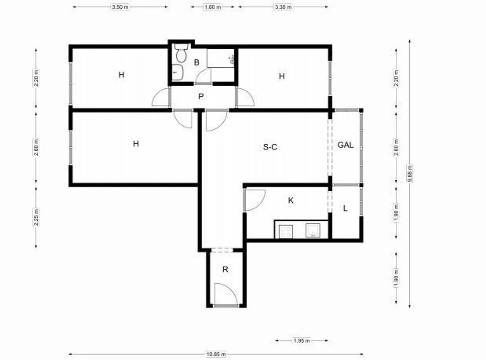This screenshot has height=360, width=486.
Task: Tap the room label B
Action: [197, 62]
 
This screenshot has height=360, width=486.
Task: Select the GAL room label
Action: [345, 145]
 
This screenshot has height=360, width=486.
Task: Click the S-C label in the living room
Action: [270, 147]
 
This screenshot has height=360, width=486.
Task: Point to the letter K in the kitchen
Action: [291, 200]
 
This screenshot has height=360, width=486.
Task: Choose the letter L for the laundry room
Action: [345, 208]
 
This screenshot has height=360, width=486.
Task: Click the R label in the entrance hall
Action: [225, 269]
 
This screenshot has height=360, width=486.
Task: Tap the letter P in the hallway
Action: [201, 96]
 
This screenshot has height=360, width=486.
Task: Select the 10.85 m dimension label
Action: [216, 354]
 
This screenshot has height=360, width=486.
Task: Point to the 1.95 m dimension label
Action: [301, 341]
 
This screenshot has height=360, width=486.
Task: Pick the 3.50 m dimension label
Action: [120, 7]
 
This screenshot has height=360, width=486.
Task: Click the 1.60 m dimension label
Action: [213, 7]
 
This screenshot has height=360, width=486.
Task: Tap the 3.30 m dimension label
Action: [283, 7]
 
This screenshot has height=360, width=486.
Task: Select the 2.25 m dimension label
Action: [36, 217]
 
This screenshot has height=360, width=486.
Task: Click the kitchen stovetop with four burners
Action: [286, 232]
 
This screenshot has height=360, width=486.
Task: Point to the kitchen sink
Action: [313, 230]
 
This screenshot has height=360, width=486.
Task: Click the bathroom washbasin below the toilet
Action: [177, 72]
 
